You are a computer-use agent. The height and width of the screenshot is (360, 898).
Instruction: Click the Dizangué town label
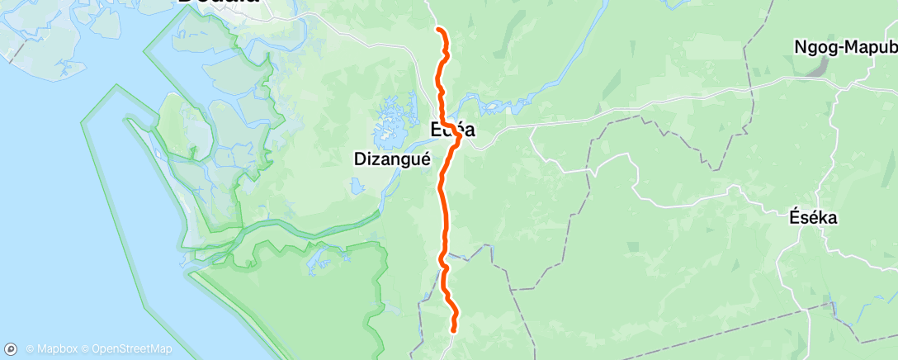point(392,160)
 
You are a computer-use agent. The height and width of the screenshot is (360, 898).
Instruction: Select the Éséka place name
point(813,218)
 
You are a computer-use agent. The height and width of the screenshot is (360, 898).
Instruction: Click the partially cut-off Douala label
point(219,2)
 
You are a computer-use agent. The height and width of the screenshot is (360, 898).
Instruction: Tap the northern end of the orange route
point(438,30)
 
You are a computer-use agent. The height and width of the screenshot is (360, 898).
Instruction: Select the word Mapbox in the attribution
point(54,348)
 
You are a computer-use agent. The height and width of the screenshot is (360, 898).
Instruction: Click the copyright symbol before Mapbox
point(30,348)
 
